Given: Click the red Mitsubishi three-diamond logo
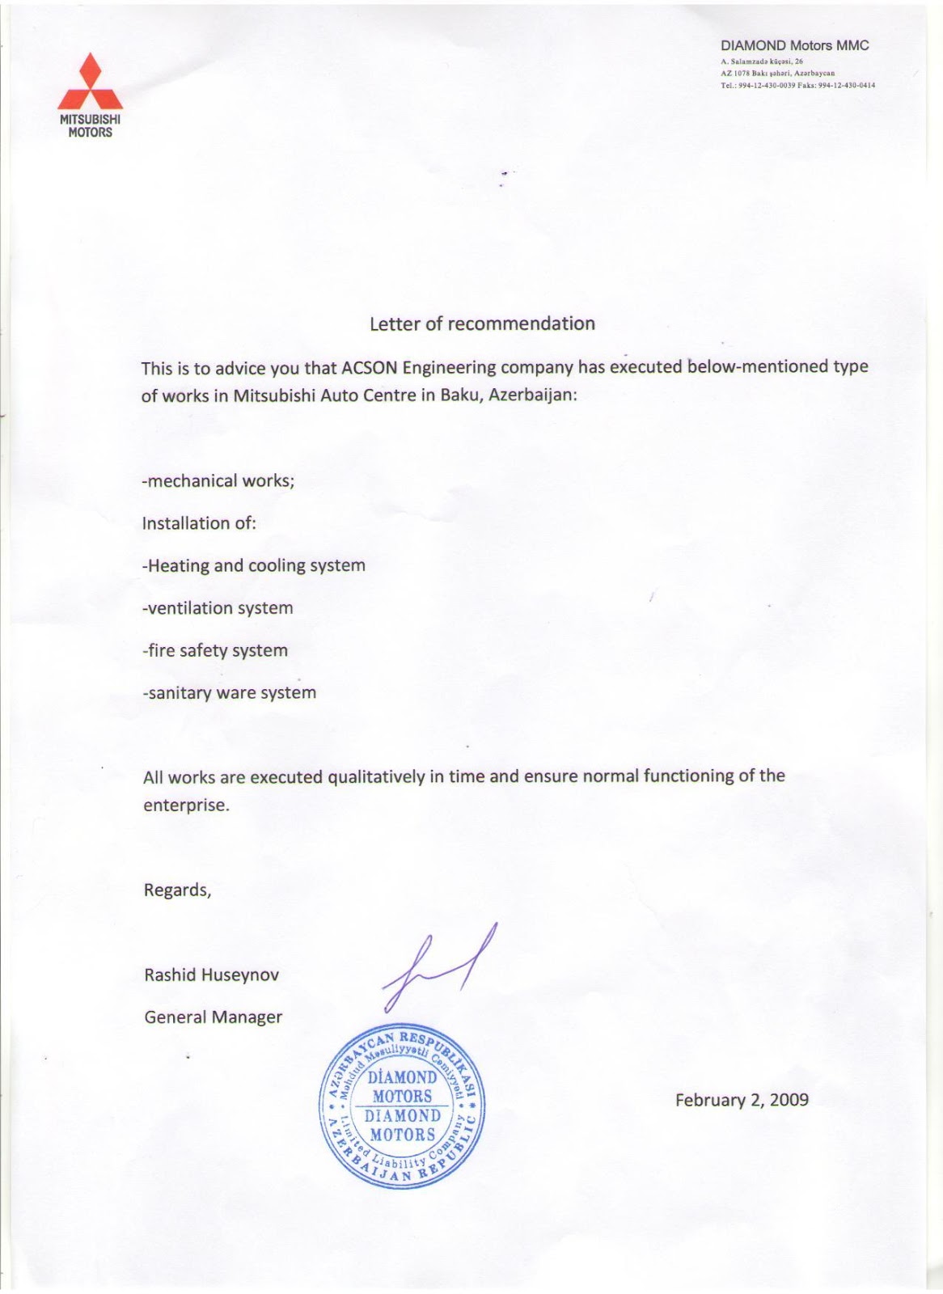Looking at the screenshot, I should coord(90,83).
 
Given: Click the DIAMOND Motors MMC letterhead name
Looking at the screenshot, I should coord(794,46).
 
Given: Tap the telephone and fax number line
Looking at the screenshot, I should coord(797,85).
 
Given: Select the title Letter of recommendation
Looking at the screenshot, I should coord(482,323).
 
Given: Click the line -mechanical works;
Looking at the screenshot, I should coord(218,480).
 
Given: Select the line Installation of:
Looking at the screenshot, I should coord(199,523).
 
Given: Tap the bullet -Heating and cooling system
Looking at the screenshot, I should coord(253,565).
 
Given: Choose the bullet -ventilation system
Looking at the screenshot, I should coord(218,608).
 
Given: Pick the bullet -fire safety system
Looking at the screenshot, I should coord(214,650).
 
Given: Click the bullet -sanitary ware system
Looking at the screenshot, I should coord(229,693).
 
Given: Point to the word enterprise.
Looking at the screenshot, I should coord(186,806).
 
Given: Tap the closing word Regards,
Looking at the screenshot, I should coord(177,890).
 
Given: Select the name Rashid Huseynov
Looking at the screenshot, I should coord(211,975).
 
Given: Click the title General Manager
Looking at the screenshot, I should coord(213,1017).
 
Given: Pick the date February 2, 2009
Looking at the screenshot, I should coord(742,1100).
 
